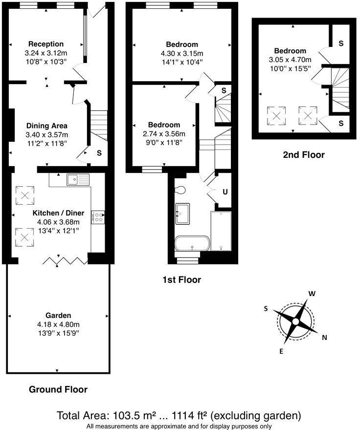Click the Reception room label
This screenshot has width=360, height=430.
(x=46, y=44)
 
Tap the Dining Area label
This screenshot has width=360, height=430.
(x=47, y=126)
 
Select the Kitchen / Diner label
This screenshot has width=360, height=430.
(x=58, y=213)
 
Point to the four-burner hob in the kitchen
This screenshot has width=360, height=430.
(x=98, y=216)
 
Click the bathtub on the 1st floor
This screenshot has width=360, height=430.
(x=192, y=243)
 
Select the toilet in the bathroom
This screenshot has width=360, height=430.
(x=179, y=190)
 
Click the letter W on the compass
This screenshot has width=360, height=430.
(x=311, y=294)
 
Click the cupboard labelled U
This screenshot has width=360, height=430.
(x=225, y=192)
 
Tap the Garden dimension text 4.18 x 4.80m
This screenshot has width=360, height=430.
(x=59, y=324)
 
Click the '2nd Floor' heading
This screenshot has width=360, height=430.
(x=303, y=155)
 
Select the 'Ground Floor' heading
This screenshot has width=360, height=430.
(x=58, y=389)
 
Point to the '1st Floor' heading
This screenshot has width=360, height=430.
(x=181, y=280)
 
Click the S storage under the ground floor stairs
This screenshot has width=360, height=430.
(x=99, y=153)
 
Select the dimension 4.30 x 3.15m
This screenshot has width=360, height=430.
(x=181, y=53)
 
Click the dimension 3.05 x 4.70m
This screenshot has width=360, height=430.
(x=290, y=60)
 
